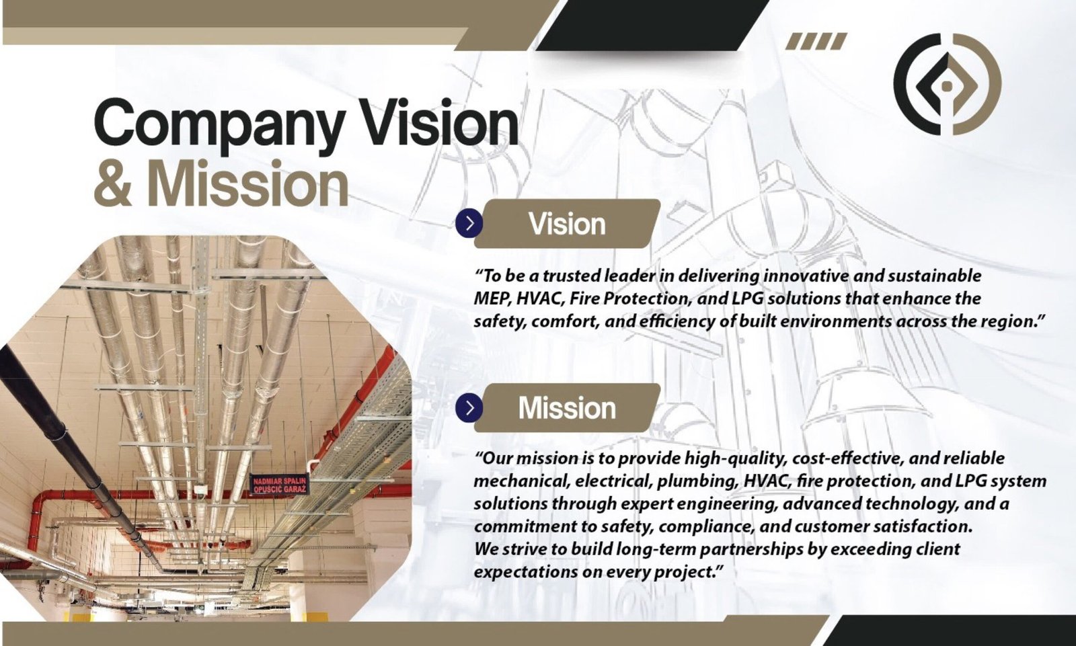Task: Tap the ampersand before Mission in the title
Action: [x=112, y=186]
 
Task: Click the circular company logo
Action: [x=948, y=84]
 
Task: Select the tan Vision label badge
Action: [x=568, y=224]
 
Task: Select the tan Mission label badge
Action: [x=568, y=408]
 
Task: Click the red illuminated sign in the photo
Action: [x=280, y=485]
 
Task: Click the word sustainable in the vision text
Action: [x=934, y=276]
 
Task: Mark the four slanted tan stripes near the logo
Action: [x=816, y=41]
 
